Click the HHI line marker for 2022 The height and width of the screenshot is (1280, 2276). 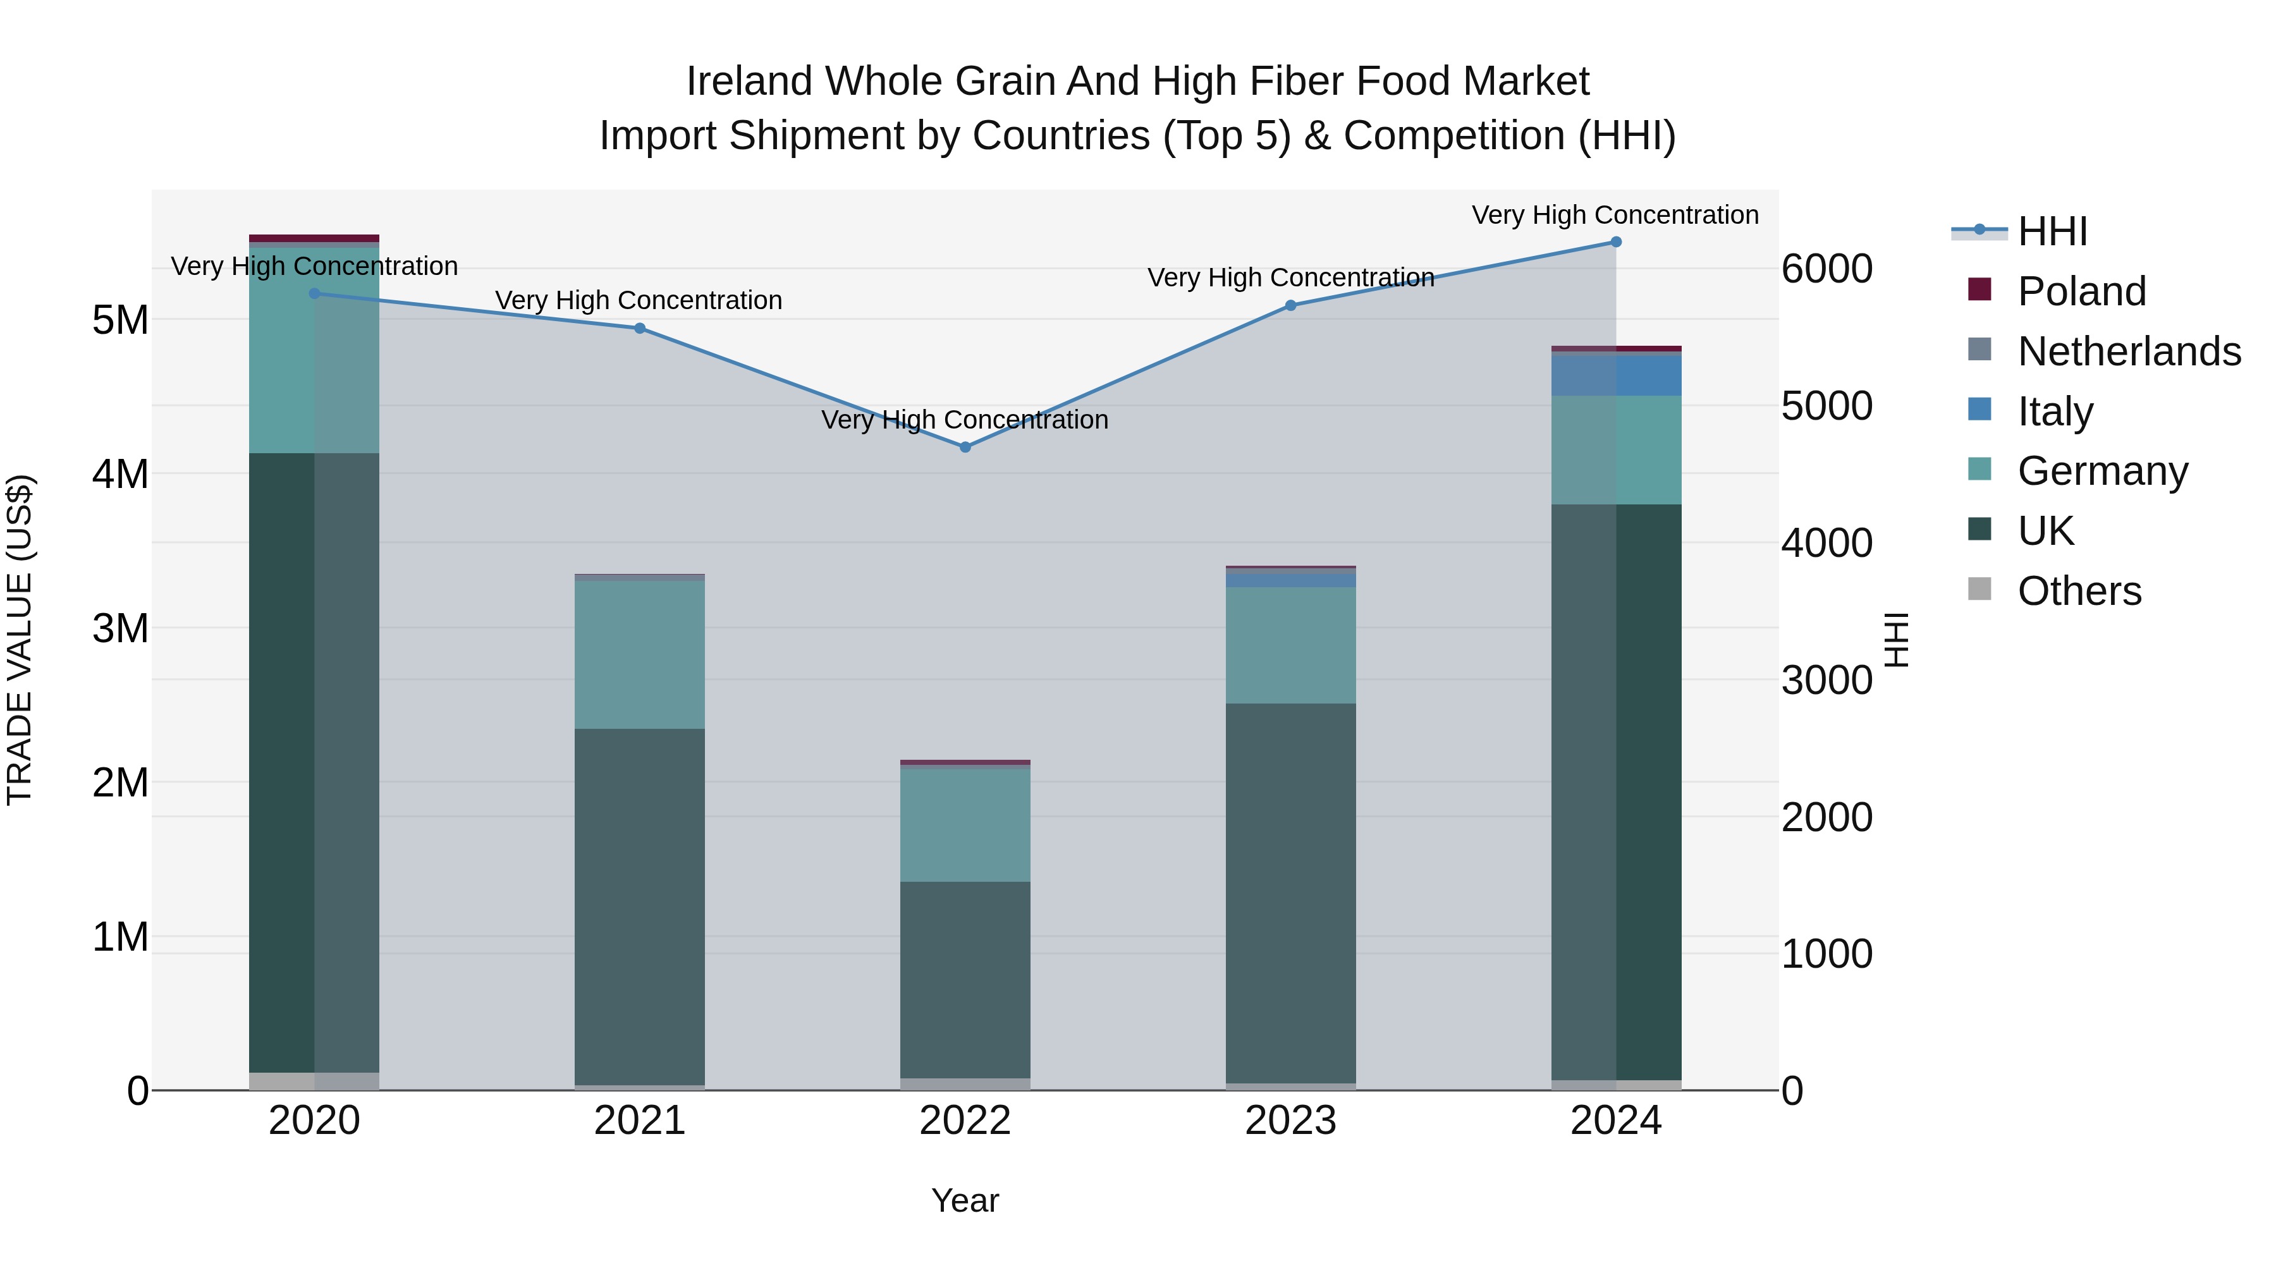(x=965, y=447)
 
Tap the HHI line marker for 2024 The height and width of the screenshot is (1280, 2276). (x=1616, y=242)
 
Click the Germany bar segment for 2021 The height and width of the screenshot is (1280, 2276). (x=640, y=654)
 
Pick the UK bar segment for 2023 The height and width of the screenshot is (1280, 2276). (x=1291, y=892)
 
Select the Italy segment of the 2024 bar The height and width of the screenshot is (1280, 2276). (x=1616, y=375)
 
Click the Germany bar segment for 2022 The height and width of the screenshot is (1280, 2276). (x=965, y=824)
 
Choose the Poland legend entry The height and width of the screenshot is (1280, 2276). (x=2081, y=291)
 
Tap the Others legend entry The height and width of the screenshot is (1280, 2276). (x=2079, y=591)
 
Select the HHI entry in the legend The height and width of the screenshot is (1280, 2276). (x=2052, y=231)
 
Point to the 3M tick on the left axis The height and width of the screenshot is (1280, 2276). (x=120, y=629)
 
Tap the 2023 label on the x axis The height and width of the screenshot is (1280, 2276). (x=1291, y=1121)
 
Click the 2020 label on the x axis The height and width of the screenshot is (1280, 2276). (x=315, y=1121)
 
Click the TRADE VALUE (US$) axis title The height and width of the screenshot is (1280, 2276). (x=20, y=640)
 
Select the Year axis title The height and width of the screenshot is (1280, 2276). (x=965, y=1200)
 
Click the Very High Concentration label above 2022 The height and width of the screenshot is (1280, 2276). (x=965, y=420)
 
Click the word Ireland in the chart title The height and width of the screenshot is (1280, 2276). (x=750, y=82)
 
